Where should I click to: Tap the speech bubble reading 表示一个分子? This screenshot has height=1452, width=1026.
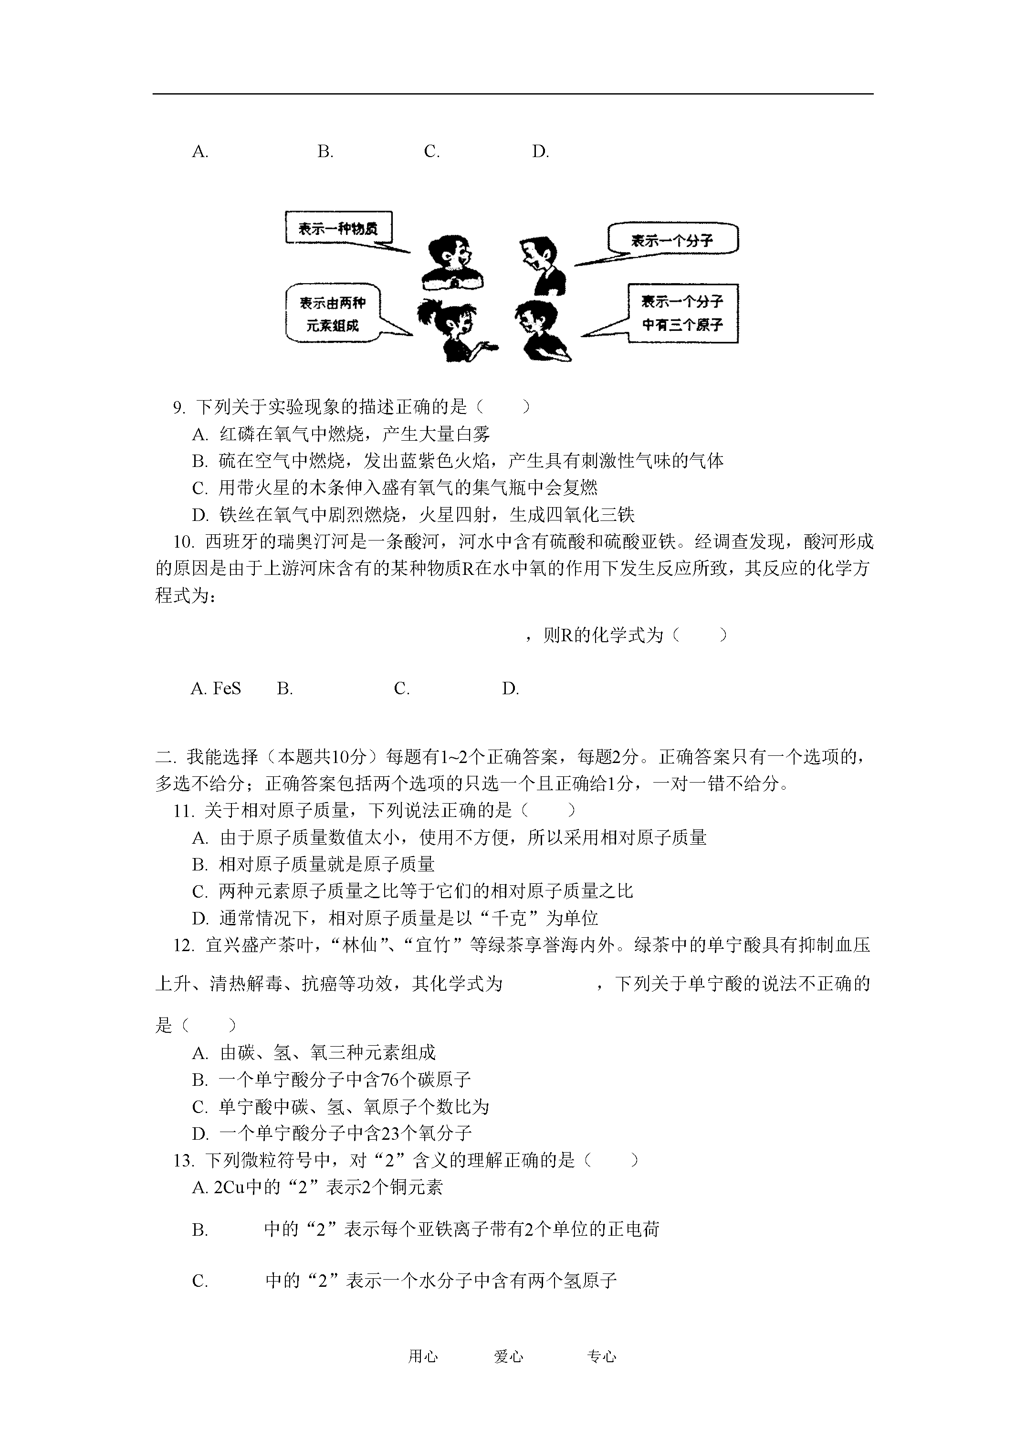pyautogui.click(x=671, y=240)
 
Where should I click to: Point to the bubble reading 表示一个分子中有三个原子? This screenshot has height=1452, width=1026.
pyautogui.click(x=682, y=313)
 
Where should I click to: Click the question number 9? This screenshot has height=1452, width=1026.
pyautogui.click(x=179, y=407)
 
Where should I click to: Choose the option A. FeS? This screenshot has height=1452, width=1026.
pyautogui.click(x=216, y=688)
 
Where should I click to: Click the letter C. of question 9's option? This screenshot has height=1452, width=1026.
pyautogui.click(x=200, y=488)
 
